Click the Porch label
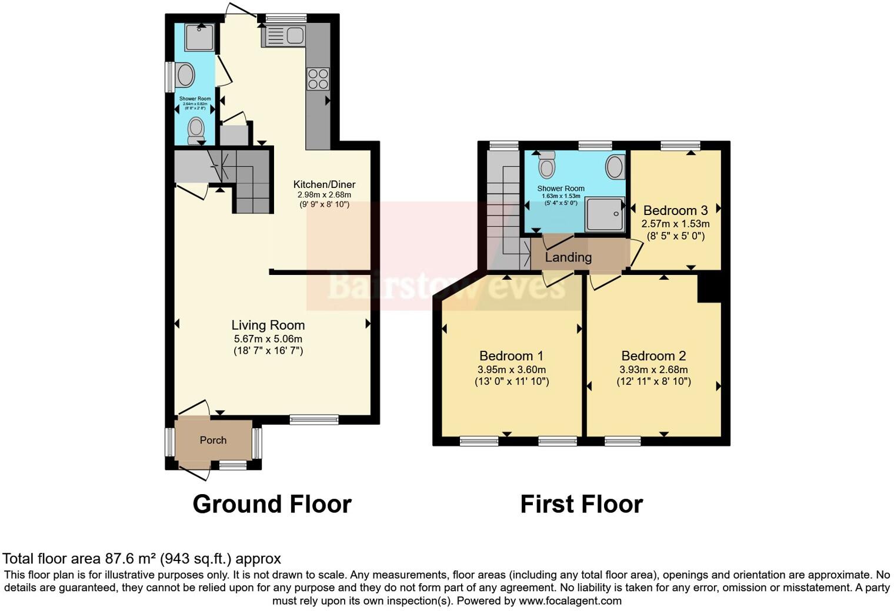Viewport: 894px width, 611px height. click(x=213, y=440)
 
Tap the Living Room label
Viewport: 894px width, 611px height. click(x=268, y=325)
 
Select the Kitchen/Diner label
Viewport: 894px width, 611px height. click(x=324, y=184)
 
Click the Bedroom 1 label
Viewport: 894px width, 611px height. click(x=511, y=355)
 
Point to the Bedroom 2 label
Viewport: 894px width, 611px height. click(x=653, y=355)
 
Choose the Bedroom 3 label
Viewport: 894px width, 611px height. click(x=675, y=210)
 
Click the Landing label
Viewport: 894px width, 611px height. click(x=568, y=257)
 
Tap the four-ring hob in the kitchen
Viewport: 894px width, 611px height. click(x=318, y=79)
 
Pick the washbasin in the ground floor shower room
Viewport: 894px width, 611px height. click(x=186, y=76)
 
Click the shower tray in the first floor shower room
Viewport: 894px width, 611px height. click(x=604, y=214)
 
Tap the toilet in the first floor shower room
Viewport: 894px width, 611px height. click(x=547, y=164)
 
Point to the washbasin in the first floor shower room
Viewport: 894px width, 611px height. click(x=616, y=167)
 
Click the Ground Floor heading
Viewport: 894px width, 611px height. click(x=272, y=504)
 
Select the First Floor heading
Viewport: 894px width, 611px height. click(x=581, y=504)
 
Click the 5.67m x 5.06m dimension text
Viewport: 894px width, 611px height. click(x=268, y=339)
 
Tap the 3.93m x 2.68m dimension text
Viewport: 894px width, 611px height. click(x=653, y=370)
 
